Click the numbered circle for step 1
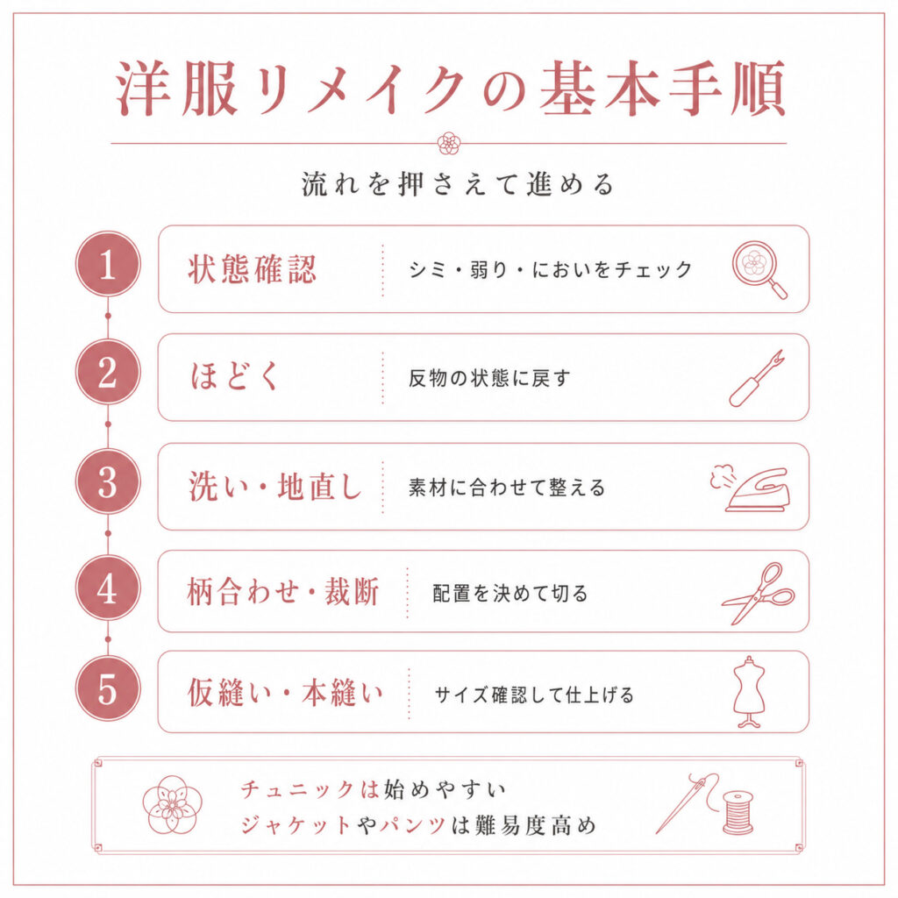click(x=108, y=264)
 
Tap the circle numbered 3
click(x=108, y=481)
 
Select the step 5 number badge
click(x=108, y=688)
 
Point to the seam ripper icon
click(x=757, y=379)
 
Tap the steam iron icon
click(x=750, y=488)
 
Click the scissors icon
click(x=758, y=594)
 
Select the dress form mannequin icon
click(x=749, y=692)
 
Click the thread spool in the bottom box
click(x=738, y=812)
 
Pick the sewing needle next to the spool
click(x=687, y=803)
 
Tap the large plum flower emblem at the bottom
click(x=173, y=805)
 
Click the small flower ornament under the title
click(x=449, y=143)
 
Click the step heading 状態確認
click(x=252, y=269)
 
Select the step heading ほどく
click(x=234, y=376)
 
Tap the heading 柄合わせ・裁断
click(x=283, y=592)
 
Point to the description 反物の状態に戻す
click(x=489, y=378)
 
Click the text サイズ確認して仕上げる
click(x=534, y=695)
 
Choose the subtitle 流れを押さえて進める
click(x=458, y=184)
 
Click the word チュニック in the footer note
click(x=298, y=789)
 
